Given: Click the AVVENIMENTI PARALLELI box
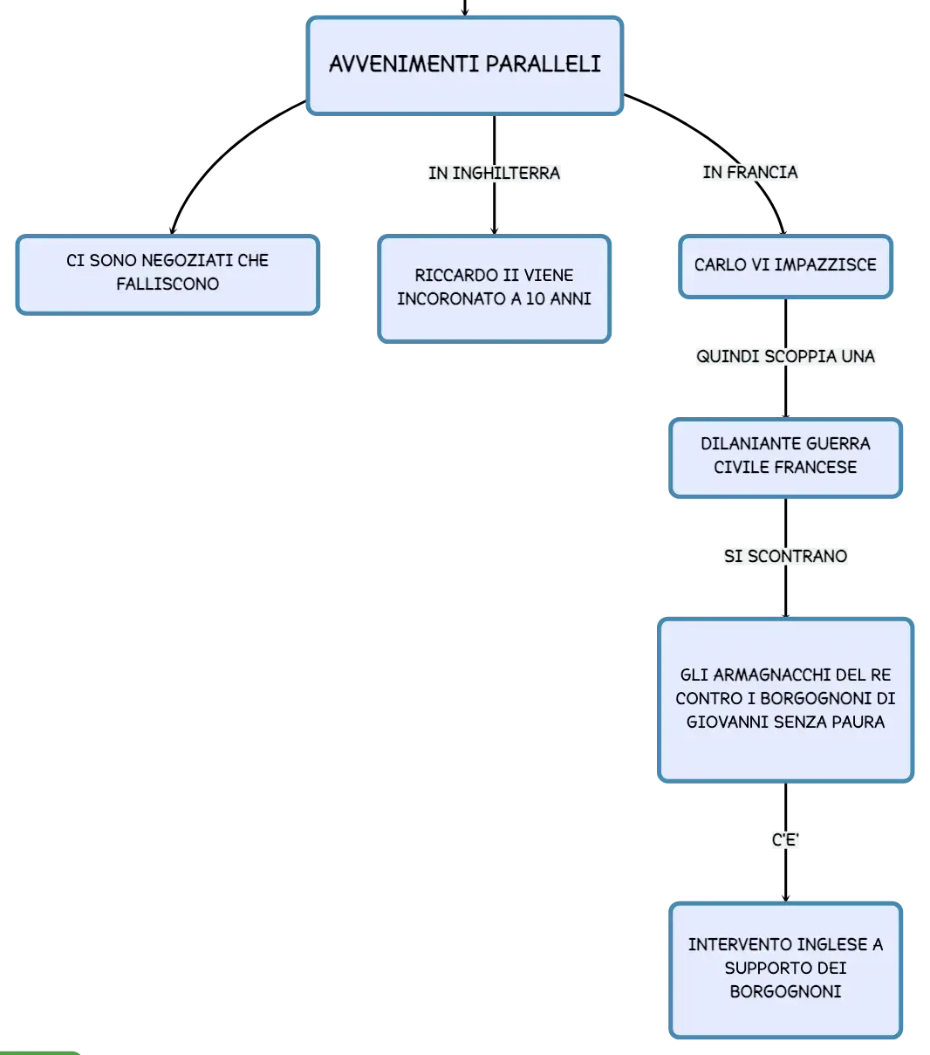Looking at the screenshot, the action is pyautogui.click(x=464, y=65).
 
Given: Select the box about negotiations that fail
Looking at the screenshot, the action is pyautogui.click(x=168, y=274).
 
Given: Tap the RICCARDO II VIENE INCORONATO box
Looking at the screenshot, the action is pyautogui.click(x=494, y=289).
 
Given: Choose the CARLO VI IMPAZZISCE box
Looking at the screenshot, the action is pyautogui.click(x=785, y=266).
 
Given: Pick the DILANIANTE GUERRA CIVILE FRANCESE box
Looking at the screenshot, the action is pyautogui.click(x=785, y=457).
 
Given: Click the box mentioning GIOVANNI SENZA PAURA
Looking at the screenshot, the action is pyautogui.click(x=785, y=699).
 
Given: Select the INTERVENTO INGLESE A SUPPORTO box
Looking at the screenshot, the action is pyautogui.click(x=785, y=969).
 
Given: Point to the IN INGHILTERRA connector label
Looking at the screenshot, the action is pyautogui.click(x=494, y=173).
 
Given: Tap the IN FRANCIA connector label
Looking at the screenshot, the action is pyautogui.click(x=749, y=172).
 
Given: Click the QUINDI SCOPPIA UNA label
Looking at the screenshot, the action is pyautogui.click(x=785, y=356).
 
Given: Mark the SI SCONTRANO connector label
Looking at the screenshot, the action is pyautogui.click(x=785, y=556).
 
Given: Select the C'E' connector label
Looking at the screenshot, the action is pyautogui.click(x=785, y=840).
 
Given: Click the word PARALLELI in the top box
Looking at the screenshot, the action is pyautogui.click(x=544, y=64).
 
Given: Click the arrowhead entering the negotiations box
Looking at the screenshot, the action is pyautogui.click(x=173, y=230).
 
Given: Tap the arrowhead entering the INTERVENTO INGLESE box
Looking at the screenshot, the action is pyautogui.click(x=785, y=898).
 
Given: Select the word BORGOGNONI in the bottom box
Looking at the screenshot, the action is pyautogui.click(x=785, y=992).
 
